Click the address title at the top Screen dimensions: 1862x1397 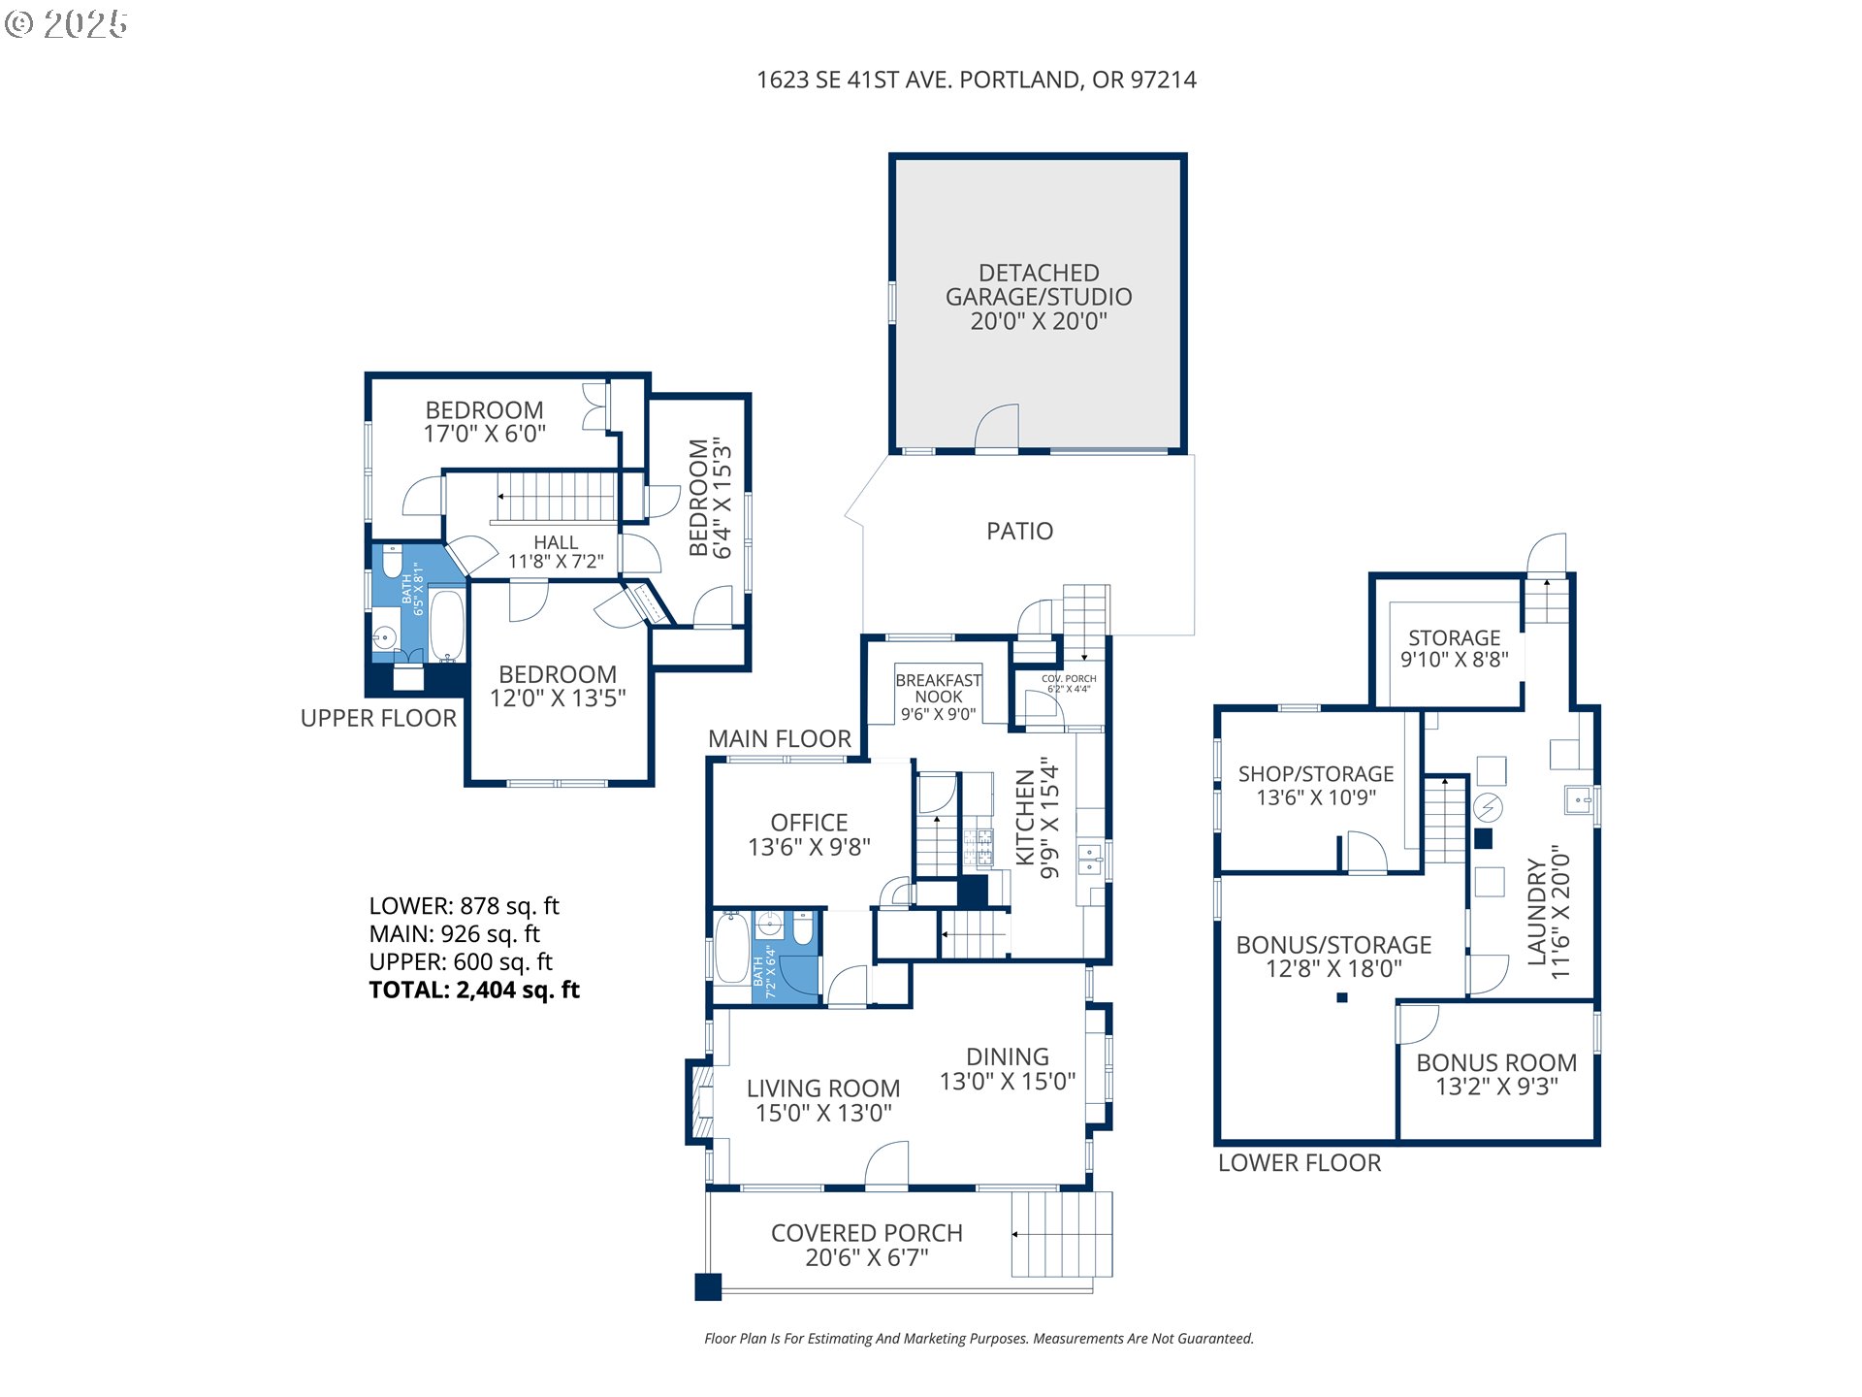[x=977, y=80]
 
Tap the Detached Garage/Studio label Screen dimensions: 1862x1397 [x=1039, y=297]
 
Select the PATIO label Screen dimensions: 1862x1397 [x=1019, y=531]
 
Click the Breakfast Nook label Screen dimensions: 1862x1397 [x=938, y=697]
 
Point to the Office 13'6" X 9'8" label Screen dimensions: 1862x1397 [x=809, y=834]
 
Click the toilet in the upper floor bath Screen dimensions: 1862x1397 [x=392, y=561]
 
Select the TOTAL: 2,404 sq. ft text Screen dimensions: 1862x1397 [x=474, y=990]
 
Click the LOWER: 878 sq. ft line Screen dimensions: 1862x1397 [x=464, y=906]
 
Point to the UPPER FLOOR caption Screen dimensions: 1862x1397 [x=378, y=718]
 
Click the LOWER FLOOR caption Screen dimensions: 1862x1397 [x=1300, y=1162]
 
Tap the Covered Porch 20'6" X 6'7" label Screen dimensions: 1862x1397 [x=867, y=1245]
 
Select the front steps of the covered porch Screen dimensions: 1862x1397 [x=1062, y=1234]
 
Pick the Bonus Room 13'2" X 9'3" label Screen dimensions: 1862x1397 [x=1496, y=1074]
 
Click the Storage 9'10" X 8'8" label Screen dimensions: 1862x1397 [x=1455, y=649]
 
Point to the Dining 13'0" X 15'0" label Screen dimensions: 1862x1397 [x=1008, y=1069]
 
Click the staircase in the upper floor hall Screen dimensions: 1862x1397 [x=557, y=497]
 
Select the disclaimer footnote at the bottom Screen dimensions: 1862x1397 [x=979, y=1339]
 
